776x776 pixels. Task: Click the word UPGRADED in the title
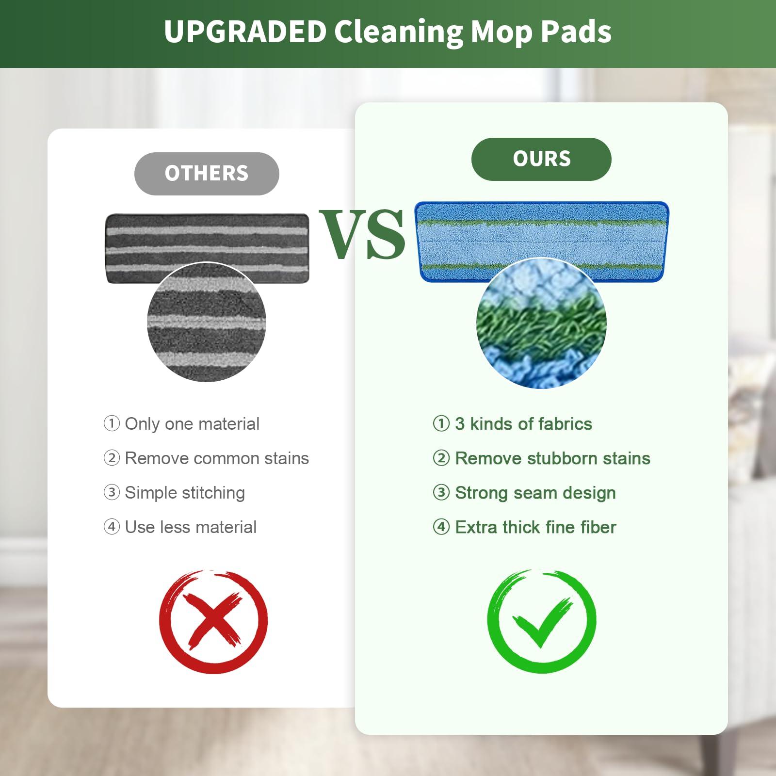245,32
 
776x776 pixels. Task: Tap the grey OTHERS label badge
207,174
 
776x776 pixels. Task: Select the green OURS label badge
541,159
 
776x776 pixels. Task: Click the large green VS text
362,235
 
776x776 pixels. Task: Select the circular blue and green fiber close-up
541,323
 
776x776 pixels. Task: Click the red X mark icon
213,621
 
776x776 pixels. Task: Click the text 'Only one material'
192,424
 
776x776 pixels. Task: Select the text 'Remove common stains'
217,458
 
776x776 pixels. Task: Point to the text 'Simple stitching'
185,493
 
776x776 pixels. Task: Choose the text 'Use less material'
191,527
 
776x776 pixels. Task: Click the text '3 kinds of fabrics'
523,424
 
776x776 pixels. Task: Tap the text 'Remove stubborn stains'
552,458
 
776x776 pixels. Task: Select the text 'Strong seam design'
535,493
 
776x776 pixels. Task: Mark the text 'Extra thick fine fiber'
535,527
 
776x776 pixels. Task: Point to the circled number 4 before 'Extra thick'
441,527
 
